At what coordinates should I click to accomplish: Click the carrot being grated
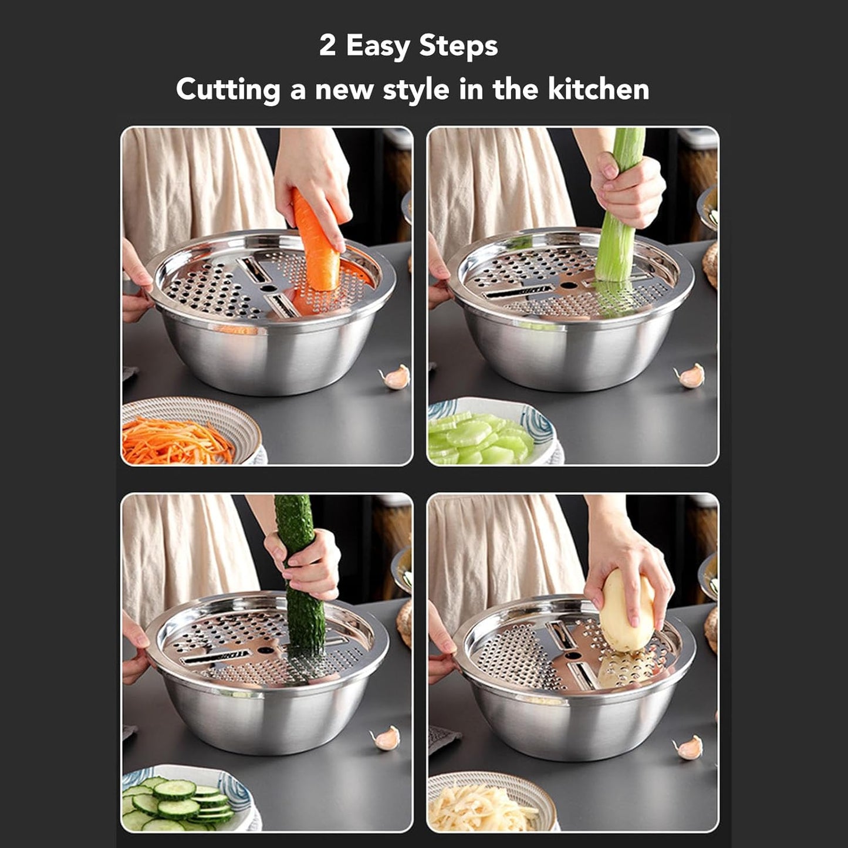click(x=316, y=246)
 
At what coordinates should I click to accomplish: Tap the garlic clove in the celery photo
click(x=691, y=376)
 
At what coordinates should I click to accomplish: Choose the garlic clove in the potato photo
click(x=690, y=748)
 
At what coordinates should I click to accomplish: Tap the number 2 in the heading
click(x=327, y=46)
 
